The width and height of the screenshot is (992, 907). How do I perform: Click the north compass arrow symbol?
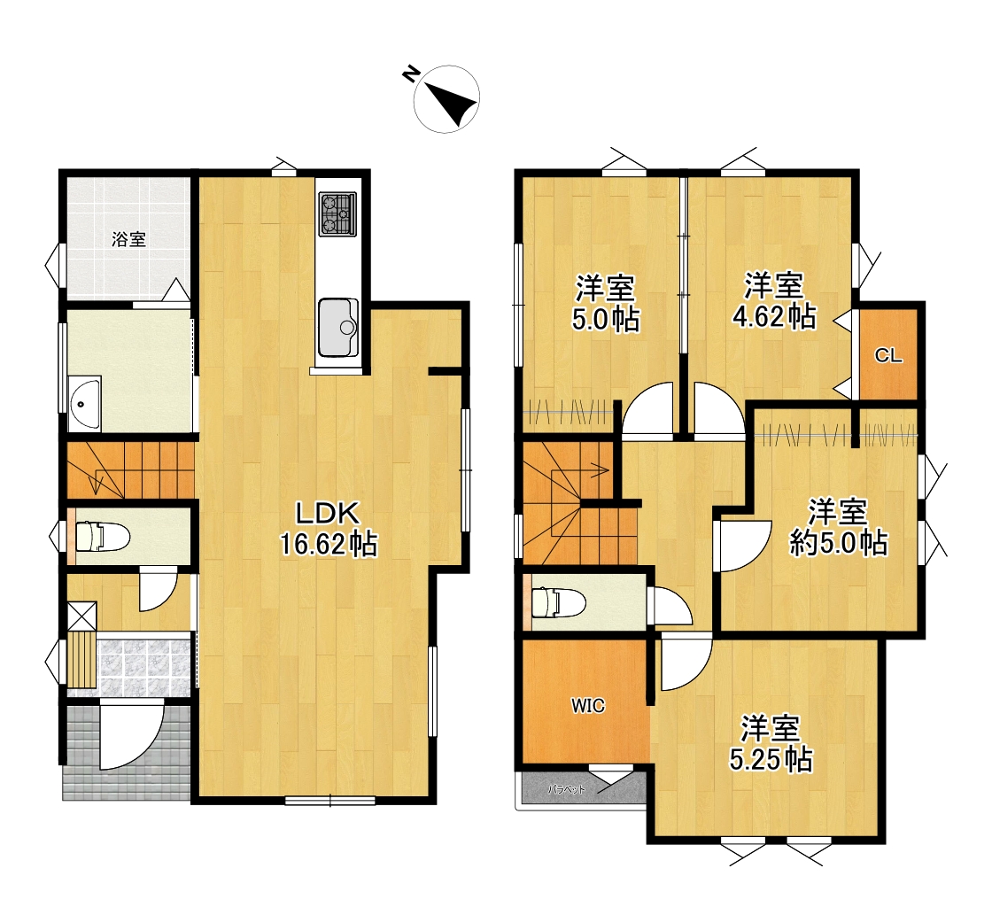tap(446, 98)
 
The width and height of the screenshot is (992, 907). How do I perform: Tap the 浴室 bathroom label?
tap(129, 239)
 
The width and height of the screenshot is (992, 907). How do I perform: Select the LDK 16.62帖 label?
tap(329, 528)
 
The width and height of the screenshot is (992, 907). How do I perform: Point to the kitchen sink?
tap(337, 327)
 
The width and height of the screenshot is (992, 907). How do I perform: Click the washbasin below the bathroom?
tap(85, 403)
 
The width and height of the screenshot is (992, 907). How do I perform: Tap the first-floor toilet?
tap(101, 537)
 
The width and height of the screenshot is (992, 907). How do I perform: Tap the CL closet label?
tap(888, 356)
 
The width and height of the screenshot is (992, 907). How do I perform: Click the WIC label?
tap(588, 705)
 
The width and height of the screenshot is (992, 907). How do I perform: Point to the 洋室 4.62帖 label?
tap(774, 300)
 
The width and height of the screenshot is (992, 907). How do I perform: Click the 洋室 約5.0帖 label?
tap(838, 527)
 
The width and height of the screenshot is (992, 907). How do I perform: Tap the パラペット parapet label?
tap(566, 789)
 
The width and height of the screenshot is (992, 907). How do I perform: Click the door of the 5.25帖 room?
tap(686, 663)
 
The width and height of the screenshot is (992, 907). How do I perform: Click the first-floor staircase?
tap(130, 470)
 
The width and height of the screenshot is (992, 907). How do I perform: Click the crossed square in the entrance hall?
tap(82, 616)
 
